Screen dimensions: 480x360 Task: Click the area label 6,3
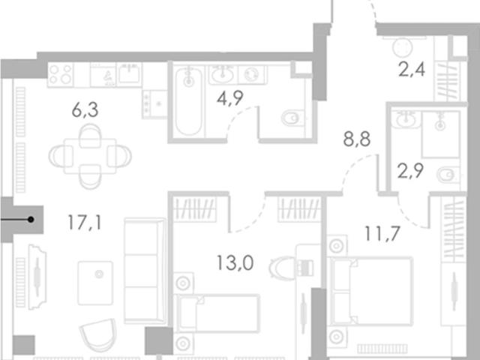pyautogui.click(x=85, y=110)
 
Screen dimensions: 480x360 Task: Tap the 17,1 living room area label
pyautogui.click(x=85, y=222)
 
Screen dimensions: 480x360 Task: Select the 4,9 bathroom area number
pyautogui.click(x=230, y=98)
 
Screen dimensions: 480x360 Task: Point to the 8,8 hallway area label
pyautogui.click(x=357, y=139)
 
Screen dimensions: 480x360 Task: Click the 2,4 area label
pyautogui.click(x=412, y=69)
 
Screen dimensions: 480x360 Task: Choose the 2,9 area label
pyautogui.click(x=410, y=171)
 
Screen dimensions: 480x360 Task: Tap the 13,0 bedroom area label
pyautogui.click(x=235, y=263)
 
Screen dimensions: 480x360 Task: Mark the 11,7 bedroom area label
pyautogui.click(x=382, y=233)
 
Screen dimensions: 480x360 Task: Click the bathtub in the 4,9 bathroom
pyautogui.click(x=188, y=101)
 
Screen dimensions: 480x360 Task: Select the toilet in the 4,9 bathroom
pyautogui.click(x=292, y=118)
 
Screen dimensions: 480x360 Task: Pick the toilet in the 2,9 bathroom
pyautogui.click(x=448, y=175)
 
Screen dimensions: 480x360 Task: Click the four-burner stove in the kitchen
pyautogui.click(x=61, y=75)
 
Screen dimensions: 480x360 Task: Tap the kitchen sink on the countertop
pyautogui.click(x=130, y=73)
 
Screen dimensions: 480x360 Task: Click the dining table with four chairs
pyautogui.click(x=90, y=157)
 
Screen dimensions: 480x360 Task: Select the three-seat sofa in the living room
pyautogui.click(x=145, y=271)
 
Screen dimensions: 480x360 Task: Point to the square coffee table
pyautogui.click(x=95, y=283)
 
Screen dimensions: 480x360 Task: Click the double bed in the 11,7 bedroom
pyautogui.click(x=370, y=291)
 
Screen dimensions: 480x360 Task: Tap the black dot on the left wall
pyautogui.click(x=31, y=220)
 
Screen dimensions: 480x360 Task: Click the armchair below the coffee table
pyautogui.click(x=99, y=335)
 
